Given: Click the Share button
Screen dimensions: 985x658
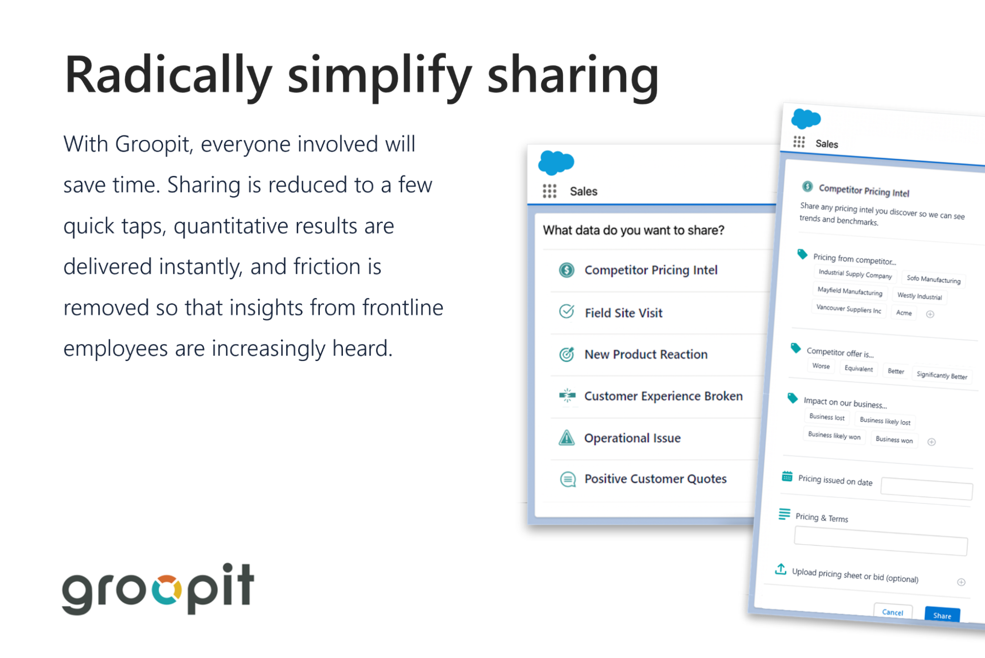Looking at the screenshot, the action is [942, 615].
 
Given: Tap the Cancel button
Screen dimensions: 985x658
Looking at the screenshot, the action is [892, 612].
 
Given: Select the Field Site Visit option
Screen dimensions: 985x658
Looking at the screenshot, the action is [623, 313].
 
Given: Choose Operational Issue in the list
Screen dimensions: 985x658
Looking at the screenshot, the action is [632, 438].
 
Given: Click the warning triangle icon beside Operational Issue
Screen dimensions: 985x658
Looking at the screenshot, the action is [567, 437].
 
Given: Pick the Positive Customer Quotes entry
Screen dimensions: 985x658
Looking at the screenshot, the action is [655, 479].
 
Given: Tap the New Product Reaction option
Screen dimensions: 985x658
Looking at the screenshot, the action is [645, 354].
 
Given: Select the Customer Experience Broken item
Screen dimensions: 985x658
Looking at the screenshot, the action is [663, 396].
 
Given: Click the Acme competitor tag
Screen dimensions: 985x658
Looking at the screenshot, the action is [904, 313].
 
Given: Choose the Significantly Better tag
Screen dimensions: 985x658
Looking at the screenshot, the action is [942, 375].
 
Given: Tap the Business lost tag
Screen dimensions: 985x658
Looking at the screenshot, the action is [827, 417].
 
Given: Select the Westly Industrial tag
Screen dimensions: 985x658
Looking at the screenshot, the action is [919, 296].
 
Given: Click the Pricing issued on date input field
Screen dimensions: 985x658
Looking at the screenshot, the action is [926, 489].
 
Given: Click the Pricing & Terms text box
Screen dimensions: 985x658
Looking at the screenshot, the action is [881, 541].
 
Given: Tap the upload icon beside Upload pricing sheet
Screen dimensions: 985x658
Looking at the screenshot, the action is [781, 569].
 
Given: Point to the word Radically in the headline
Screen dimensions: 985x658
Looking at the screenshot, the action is [168, 75].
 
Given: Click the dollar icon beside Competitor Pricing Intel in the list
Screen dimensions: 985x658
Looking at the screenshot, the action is [567, 270].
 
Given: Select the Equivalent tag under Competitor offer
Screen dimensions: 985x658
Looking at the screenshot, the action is [858, 368].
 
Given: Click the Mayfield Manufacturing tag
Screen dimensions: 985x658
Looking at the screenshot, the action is [849, 291].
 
